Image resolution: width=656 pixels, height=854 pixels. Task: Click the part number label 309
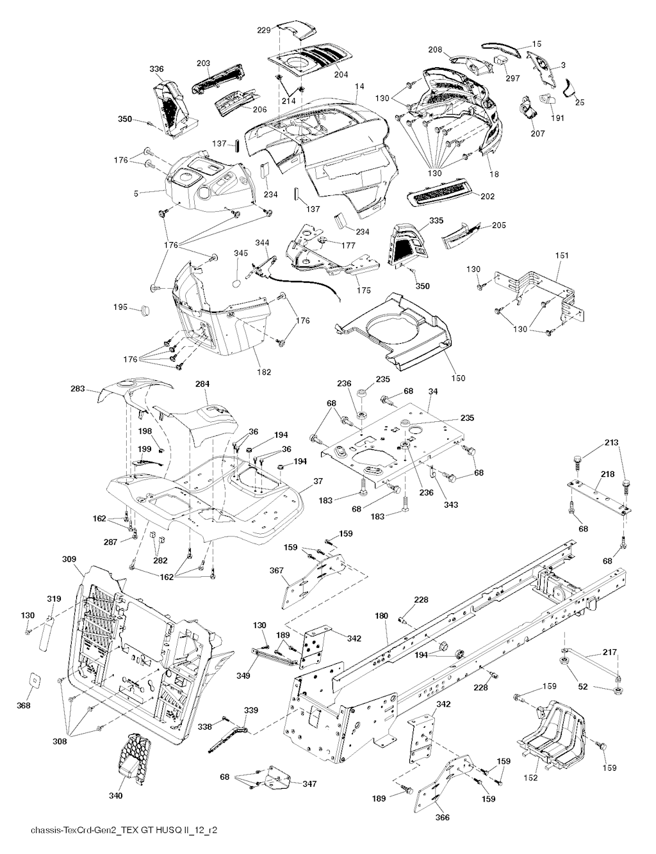pos(70,559)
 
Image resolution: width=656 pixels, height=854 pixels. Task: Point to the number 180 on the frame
pos(382,616)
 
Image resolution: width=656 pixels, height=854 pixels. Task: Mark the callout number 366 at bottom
pos(443,817)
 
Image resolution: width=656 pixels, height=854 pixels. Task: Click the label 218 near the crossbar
pos(607,474)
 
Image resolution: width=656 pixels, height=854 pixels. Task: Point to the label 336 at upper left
pos(156,68)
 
